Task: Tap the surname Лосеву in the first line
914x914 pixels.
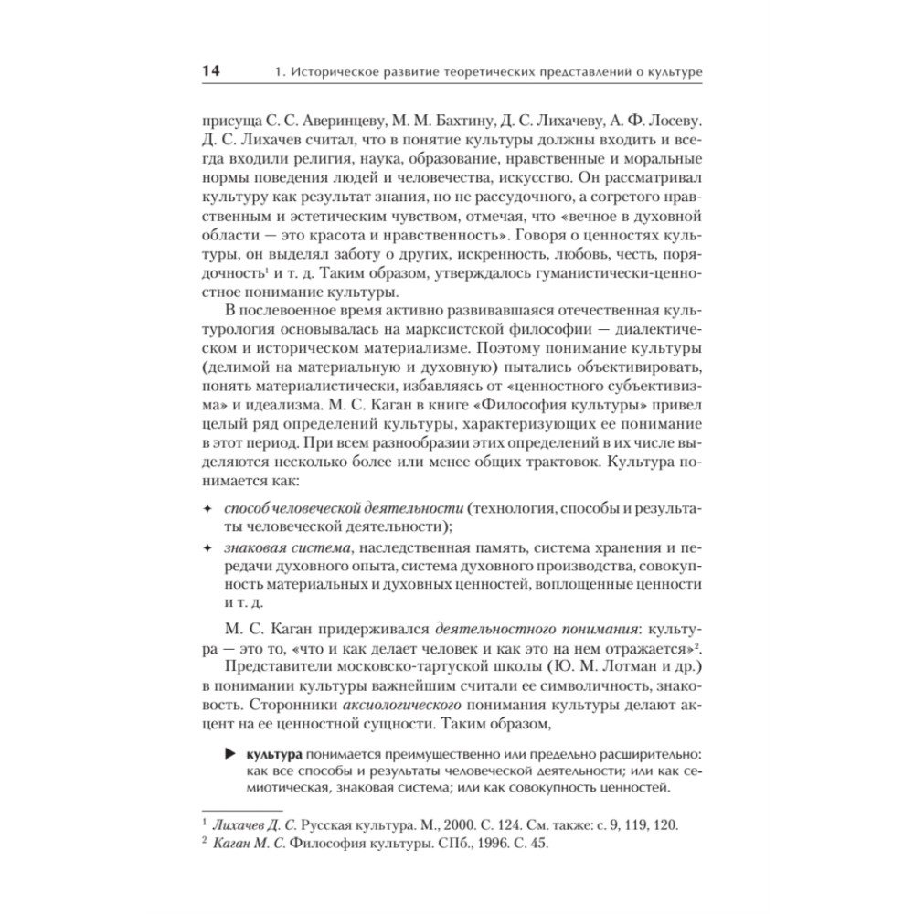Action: coord(675,121)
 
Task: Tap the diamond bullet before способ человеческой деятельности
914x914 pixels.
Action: coord(207,507)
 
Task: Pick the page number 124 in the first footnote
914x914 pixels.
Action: coord(473,824)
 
